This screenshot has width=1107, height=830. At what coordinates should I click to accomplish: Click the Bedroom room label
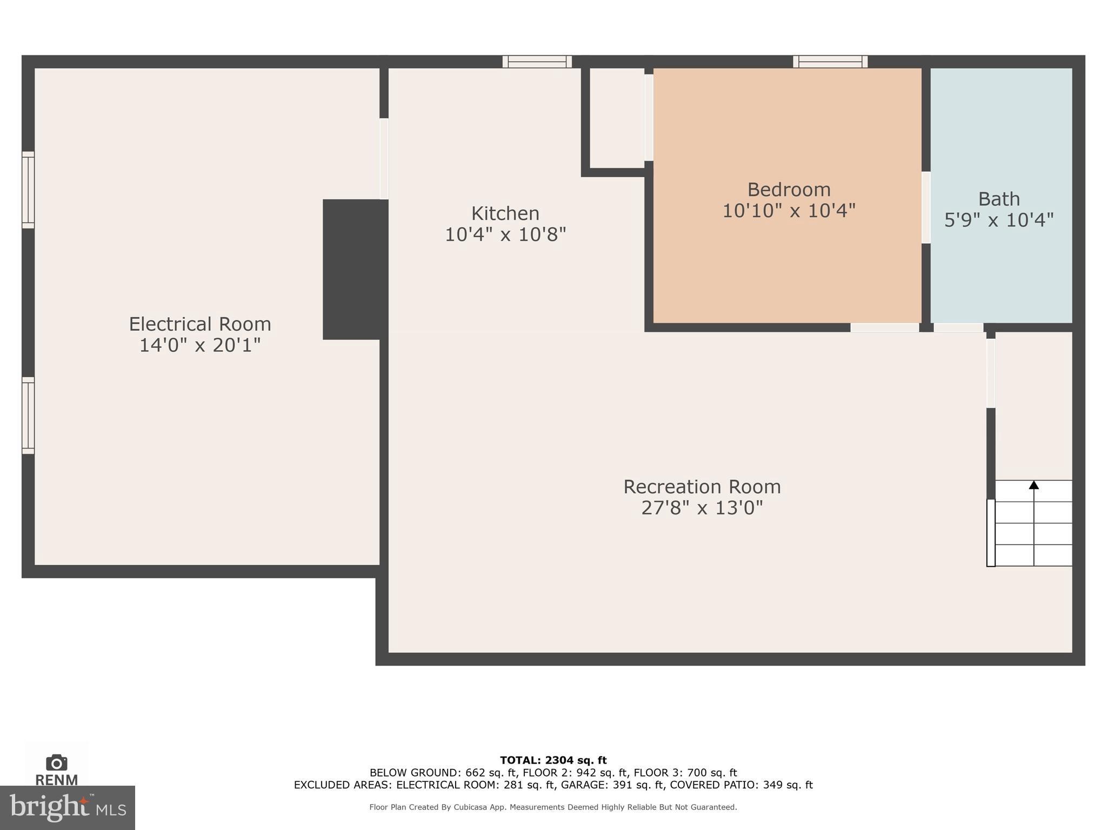(789, 190)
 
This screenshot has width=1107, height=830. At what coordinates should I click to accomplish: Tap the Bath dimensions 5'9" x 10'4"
(999, 220)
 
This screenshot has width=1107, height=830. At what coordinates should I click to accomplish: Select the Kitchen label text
(505, 213)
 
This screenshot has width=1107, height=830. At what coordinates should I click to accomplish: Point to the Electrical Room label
(200, 324)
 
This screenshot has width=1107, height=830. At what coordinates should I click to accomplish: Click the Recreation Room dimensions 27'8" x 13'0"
(702, 508)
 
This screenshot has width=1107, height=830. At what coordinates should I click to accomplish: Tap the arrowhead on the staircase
(1033, 485)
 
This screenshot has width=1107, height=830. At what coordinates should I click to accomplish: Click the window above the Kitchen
(537, 62)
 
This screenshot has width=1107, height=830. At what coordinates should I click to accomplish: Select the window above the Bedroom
(830, 62)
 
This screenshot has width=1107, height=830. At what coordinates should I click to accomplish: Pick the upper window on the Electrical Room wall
(28, 190)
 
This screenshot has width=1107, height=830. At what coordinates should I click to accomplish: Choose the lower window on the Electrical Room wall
(28, 416)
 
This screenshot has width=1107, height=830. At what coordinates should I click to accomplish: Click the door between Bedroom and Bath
(926, 207)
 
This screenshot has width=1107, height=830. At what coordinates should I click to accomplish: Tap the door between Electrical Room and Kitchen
(384, 159)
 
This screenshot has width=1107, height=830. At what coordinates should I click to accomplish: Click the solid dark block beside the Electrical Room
(355, 269)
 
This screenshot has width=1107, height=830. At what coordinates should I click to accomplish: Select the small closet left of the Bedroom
(616, 118)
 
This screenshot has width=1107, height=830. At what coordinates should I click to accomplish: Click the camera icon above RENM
(56, 762)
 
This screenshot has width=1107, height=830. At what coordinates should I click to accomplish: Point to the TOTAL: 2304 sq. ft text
(553, 760)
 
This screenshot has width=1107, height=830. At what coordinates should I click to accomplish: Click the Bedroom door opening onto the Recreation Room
(884, 327)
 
